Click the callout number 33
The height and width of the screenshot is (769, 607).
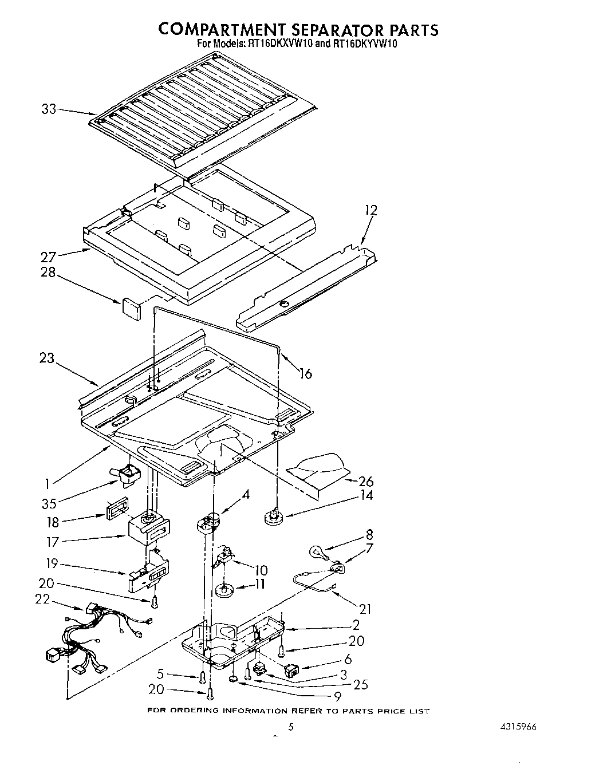(x=49, y=108)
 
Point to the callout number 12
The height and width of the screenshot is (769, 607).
(x=371, y=210)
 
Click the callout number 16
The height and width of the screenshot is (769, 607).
(x=306, y=373)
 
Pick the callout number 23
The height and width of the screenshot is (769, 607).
(x=47, y=358)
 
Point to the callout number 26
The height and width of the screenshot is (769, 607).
(x=365, y=482)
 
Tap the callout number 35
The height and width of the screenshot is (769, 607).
(x=49, y=504)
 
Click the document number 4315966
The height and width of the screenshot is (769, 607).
(x=518, y=727)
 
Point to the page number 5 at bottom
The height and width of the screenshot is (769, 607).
(x=291, y=727)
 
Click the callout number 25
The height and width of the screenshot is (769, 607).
(x=361, y=684)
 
